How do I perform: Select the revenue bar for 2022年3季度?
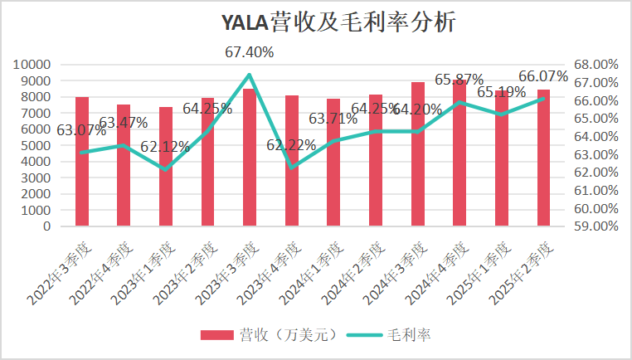tap(81, 162)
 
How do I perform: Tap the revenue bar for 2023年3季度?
tap(250, 158)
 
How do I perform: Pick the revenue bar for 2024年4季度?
tap(459, 153)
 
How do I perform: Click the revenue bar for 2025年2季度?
tap(543, 158)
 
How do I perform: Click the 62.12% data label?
tap(165, 147)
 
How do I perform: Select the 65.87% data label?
tap(459, 80)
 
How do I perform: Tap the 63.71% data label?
tap(333, 119)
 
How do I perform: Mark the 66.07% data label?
tap(543, 76)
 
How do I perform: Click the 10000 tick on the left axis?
tap(33, 65)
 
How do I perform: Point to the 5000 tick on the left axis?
tap(36, 145)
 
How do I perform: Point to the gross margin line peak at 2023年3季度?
tap(250, 75)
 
